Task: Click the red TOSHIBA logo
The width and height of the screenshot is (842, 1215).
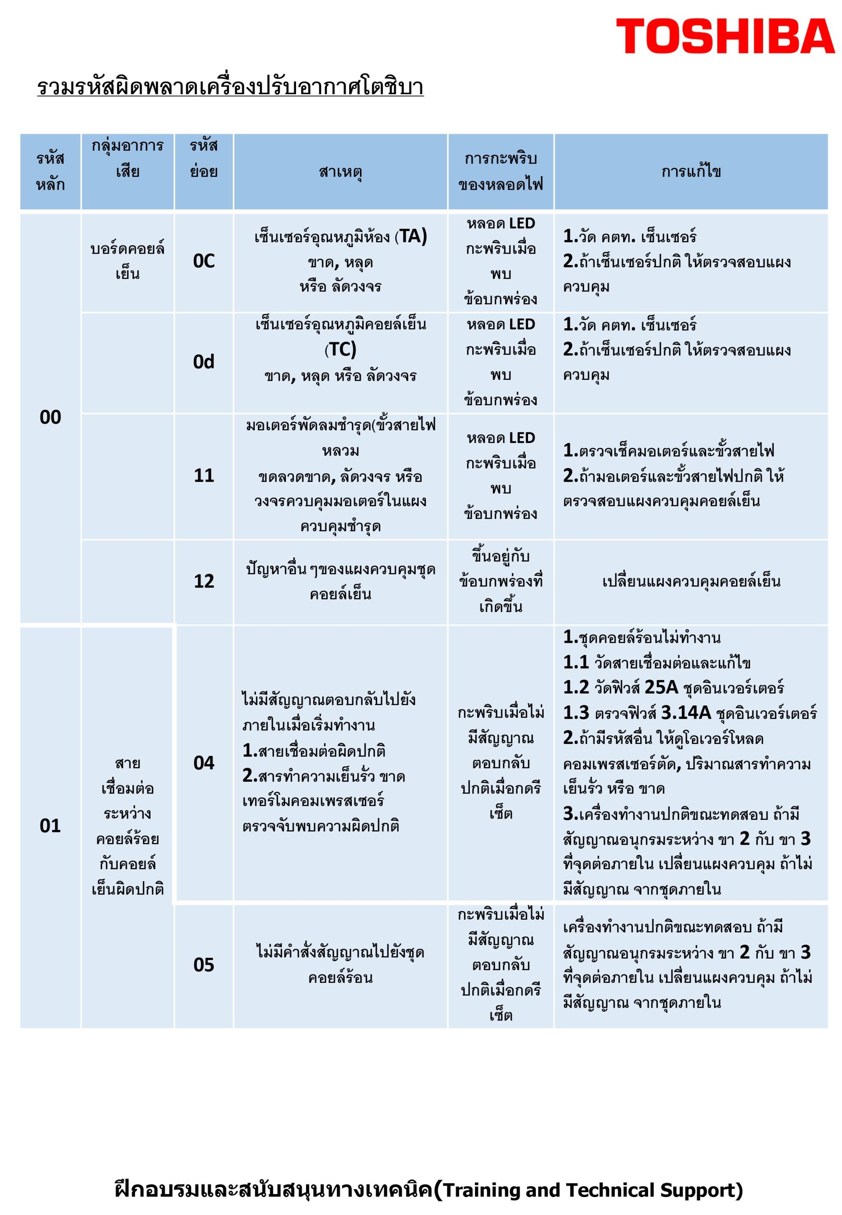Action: click(725, 36)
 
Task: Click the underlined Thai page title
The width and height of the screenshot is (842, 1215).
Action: click(230, 87)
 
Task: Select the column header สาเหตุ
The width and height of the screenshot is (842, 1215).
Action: click(340, 172)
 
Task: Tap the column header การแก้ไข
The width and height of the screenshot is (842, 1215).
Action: click(691, 172)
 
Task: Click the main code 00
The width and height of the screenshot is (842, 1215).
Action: click(50, 418)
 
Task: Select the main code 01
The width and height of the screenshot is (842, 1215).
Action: click(50, 825)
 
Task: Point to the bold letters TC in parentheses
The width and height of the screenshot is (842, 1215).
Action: click(341, 350)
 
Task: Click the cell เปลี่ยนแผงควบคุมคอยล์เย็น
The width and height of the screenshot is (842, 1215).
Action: click(691, 581)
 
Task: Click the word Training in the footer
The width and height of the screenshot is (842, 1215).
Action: click(481, 1175)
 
